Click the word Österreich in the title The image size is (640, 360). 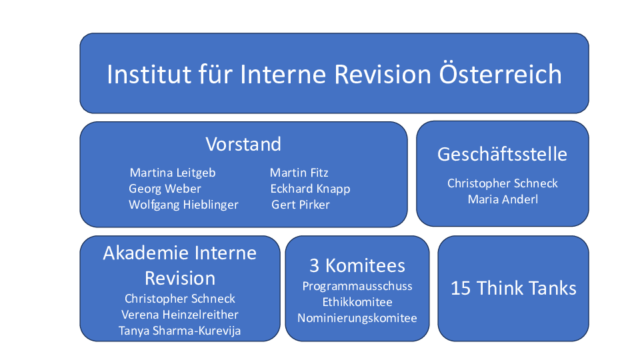click(x=500, y=73)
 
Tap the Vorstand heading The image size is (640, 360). click(x=243, y=144)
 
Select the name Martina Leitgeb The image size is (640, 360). click(x=173, y=173)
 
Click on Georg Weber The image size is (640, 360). click(x=165, y=189)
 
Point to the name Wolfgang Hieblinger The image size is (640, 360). click(x=184, y=205)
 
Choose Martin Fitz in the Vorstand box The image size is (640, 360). click(x=299, y=173)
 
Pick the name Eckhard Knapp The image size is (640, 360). click(x=310, y=189)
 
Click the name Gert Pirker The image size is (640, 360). click(x=301, y=205)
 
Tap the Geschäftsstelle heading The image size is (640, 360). click(x=502, y=154)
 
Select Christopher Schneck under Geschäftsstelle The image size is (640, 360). click(x=503, y=183)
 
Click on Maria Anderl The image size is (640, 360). click(x=503, y=199)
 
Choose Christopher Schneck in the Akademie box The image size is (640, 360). click(x=180, y=299)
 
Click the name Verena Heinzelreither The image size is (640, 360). click(x=180, y=315)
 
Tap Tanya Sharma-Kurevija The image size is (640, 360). click(x=179, y=331)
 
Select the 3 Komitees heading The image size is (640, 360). click(x=357, y=266)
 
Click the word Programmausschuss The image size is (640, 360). click(x=357, y=287)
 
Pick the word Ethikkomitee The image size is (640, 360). click(x=357, y=302)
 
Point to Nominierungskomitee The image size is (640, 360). click(x=357, y=318)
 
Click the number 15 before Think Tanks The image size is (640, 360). click(x=461, y=288)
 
